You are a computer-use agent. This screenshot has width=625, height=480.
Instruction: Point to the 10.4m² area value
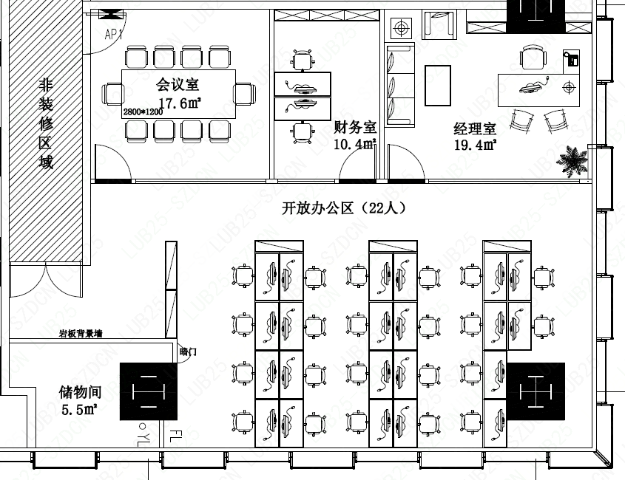coord(355,144)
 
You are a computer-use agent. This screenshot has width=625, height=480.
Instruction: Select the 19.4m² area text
coord(474,145)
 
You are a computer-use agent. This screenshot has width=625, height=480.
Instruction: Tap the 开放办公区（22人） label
coord(344,208)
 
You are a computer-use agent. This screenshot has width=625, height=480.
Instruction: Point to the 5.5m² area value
coord(79,408)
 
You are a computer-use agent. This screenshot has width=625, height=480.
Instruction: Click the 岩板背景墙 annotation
coord(81,334)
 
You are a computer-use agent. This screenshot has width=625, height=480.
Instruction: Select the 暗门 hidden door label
coord(189,352)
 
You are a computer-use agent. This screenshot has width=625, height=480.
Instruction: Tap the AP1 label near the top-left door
coord(114,35)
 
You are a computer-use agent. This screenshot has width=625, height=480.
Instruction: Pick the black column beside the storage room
coord(148,391)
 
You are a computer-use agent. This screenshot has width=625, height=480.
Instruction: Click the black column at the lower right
coord(536,391)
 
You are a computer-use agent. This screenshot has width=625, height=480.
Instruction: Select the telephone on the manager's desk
coord(570,59)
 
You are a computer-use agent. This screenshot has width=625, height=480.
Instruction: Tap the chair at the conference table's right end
coord(245,94)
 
